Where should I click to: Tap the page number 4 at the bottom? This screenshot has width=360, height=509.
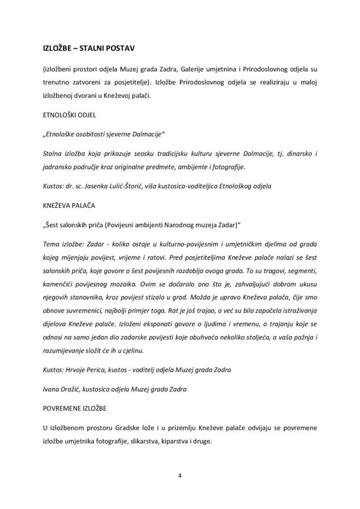[x=179, y=475]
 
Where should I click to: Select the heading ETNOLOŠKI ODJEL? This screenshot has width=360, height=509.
[x=71, y=114]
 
